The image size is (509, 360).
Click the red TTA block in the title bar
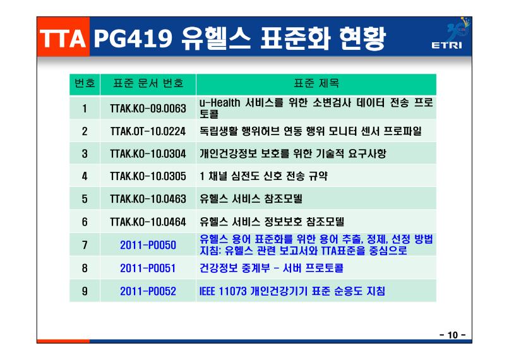click(x=63, y=37)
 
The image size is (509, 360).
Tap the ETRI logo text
click(x=446, y=45)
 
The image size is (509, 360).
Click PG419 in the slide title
click(x=133, y=39)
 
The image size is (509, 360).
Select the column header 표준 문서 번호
click(x=148, y=83)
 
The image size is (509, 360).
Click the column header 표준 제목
click(x=316, y=83)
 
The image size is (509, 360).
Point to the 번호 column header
click(x=85, y=83)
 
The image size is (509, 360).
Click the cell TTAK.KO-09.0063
click(x=148, y=109)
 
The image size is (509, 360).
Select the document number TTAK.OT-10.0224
click(x=148, y=131)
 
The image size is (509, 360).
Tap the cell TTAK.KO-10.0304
click(x=148, y=153)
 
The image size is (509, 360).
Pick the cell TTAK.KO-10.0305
click(x=148, y=176)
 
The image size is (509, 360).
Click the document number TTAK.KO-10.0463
click(x=148, y=199)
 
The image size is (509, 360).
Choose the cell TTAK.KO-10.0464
click(x=148, y=222)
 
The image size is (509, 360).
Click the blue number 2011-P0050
click(x=148, y=245)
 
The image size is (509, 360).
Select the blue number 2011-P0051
click(x=148, y=268)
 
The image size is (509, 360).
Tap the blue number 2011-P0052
click(x=148, y=291)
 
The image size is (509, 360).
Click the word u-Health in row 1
click(x=220, y=103)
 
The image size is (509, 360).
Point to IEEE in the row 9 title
click(x=207, y=291)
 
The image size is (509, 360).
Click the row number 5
click(x=85, y=199)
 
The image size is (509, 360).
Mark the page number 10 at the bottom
click(x=453, y=335)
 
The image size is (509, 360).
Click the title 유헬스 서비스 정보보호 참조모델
click(x=272, y=222)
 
